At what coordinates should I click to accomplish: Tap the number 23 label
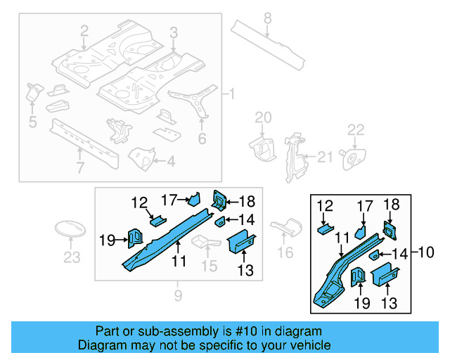(x=72, y=257)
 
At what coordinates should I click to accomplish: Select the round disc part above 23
(x=70, y=230)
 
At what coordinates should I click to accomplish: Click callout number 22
(x=356, y=129)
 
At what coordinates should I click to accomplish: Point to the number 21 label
(x=324, y=157)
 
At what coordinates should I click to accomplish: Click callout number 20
(x=262, y=117)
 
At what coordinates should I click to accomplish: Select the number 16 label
(x=285, y=252)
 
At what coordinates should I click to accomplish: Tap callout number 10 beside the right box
(x=427, y=252)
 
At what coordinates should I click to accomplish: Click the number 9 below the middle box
(x=178, y=294)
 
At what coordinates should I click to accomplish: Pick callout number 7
(x=80, y=167)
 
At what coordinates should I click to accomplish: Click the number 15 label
(x=209, y=266)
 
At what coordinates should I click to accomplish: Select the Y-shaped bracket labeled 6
(x=199, y=98)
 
